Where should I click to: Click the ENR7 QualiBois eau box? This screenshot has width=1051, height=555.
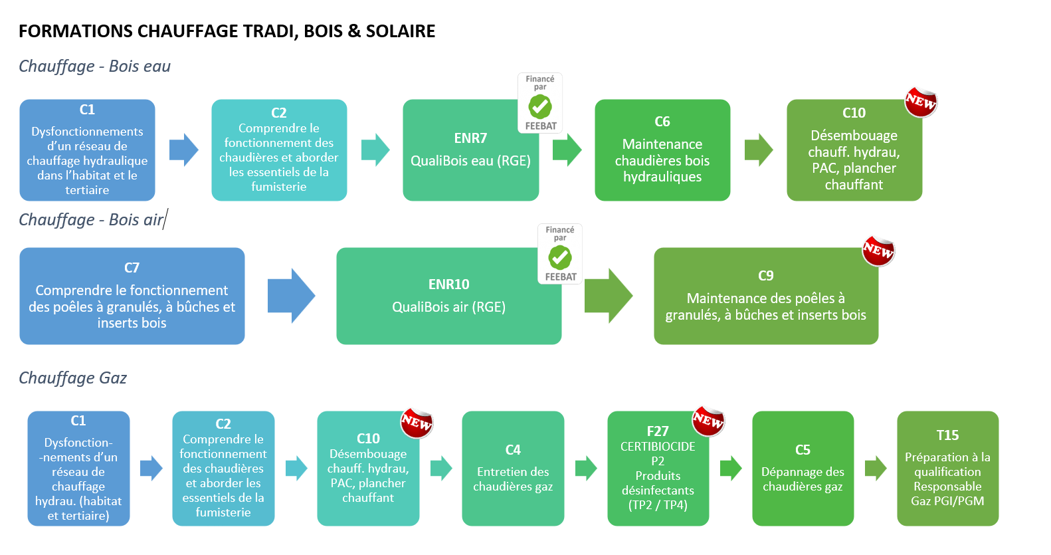[x=470, y=150]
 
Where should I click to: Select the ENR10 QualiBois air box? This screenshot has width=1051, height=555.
[x=448, y=296]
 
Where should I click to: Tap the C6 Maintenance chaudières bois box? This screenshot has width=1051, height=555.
[x=662, y=150]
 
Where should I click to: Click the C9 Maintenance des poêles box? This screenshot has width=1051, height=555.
[x=765, y=296]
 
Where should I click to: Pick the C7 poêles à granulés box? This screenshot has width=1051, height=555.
[x=132, y=296]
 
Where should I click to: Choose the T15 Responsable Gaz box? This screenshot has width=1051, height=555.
[x=947, y=469]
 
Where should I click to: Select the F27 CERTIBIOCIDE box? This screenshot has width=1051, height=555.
[x=658, y=469]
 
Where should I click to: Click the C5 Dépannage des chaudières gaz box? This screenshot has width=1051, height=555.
[x=803, y=469]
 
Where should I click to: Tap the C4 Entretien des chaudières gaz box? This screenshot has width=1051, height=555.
[x=513, y=469]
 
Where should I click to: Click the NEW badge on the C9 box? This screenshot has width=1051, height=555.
[x=878, y=251]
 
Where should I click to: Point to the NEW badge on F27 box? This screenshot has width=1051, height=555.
[x=708, y=420]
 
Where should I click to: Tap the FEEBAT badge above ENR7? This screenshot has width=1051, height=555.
[x=540, y=103]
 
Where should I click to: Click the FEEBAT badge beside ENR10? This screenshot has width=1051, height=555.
[x=560, y=254]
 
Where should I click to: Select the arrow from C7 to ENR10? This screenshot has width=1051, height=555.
[x=290, y=296]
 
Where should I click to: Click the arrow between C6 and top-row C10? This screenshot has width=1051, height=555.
[x=758, y=150]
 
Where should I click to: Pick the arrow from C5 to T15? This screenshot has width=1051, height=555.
[x=875, y=469]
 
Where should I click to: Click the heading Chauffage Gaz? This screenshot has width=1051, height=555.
[x=72, y=378]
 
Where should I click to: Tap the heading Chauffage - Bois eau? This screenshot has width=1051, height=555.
[x=94, y=66]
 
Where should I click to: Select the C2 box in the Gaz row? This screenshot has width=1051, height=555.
[x=223, y=469]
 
